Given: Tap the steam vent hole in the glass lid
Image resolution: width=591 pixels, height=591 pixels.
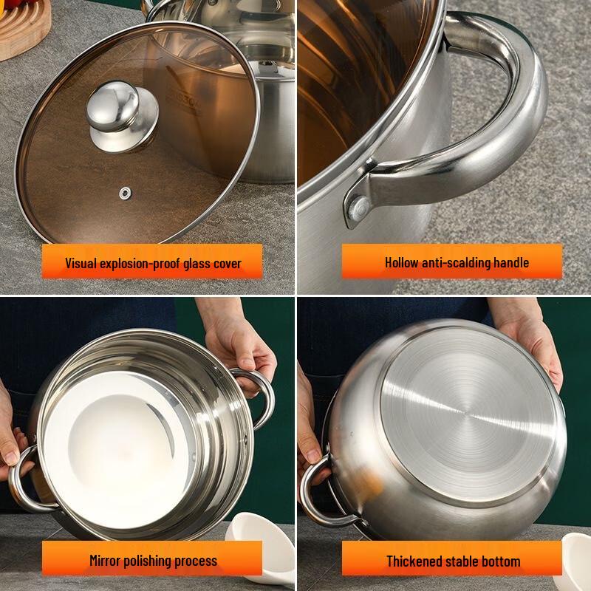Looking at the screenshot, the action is click(126, 194).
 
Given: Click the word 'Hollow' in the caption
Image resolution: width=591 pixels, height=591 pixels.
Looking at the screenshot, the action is click(401, 262).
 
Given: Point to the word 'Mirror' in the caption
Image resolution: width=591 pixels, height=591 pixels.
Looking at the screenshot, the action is click(104, 561).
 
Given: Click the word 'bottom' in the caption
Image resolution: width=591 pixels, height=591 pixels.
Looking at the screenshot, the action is click(501, 561).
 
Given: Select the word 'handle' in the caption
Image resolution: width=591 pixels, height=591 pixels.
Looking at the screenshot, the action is click(511, 262).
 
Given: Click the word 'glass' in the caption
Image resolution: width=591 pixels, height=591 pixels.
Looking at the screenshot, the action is click(197, 264).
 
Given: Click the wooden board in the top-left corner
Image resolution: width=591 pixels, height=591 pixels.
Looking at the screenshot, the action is click(23, 27).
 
